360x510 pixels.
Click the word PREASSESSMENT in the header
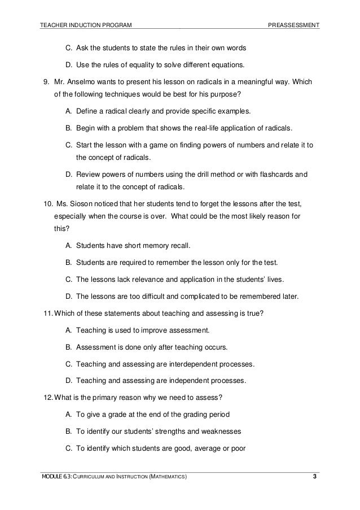coord(294,26)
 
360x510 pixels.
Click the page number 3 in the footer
coord(315,478)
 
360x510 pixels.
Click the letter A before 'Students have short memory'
coord(68,246)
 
